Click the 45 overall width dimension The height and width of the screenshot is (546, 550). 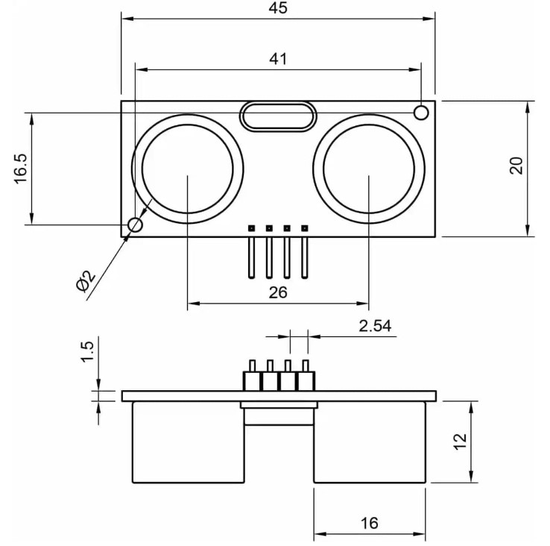277,9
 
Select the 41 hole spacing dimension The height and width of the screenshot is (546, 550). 277,59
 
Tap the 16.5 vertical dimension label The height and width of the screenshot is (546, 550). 20,169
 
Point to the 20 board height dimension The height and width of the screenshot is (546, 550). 516,166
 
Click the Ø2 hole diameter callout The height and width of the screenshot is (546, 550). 85,281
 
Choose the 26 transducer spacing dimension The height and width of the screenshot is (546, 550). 277,292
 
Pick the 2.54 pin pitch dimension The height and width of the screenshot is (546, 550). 375,326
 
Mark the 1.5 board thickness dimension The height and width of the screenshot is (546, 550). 86,350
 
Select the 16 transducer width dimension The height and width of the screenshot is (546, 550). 369,523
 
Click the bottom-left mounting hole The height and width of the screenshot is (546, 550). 135,225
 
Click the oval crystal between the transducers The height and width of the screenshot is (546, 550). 277,116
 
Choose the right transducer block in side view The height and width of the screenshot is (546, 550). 369,442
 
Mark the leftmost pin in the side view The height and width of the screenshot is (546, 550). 252,375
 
